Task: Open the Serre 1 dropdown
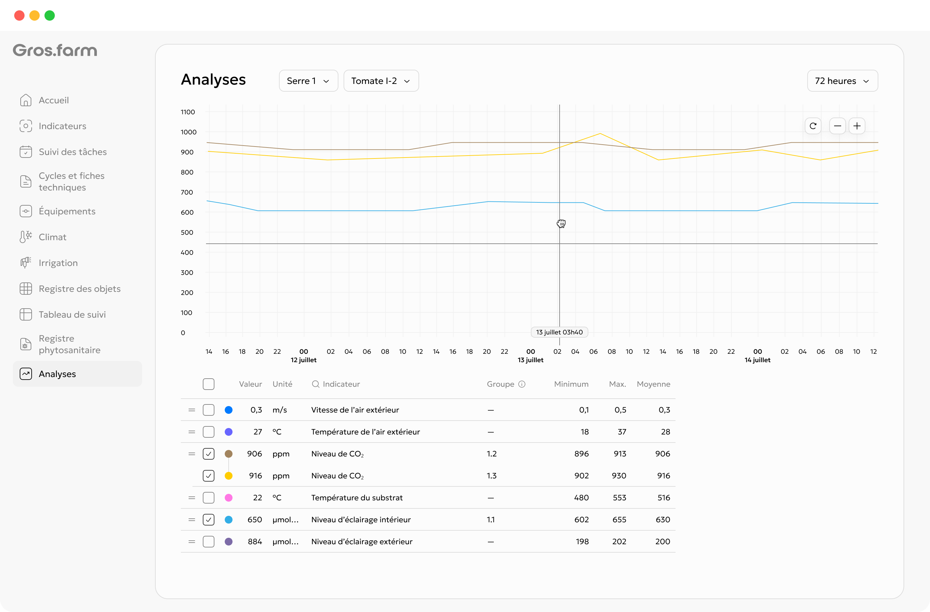click(308, 81)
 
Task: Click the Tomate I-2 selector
click(381, 81)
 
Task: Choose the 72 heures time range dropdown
click(842, 81)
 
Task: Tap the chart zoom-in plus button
click(857, 126)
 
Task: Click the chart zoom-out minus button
click(837, 126)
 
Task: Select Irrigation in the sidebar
click(58, 263)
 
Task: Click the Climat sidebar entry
click(52, 237)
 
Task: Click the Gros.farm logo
click(55, 50)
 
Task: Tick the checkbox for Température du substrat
click(209, 497)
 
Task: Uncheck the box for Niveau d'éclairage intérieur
click(209, 519)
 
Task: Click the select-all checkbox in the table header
click(209, 384)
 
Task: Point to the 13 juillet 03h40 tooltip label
click(559, 332)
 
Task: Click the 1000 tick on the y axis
click(188, 132)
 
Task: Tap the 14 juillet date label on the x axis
click(757, 360)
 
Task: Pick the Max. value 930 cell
click(619, 476)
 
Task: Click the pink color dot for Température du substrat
click(229, 497)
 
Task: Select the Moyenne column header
click(653, 384)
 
